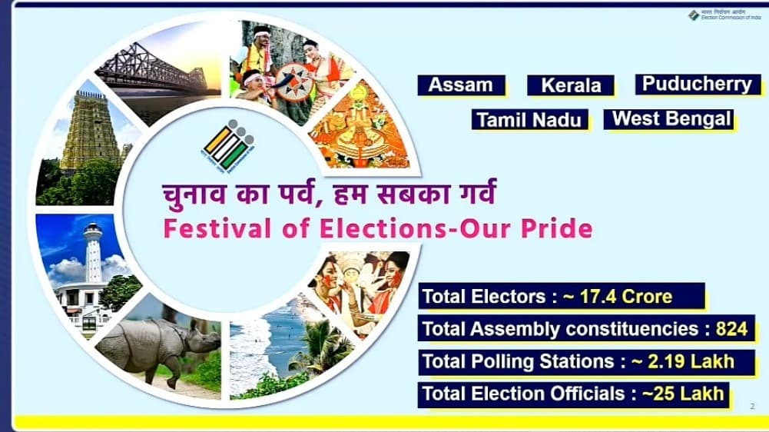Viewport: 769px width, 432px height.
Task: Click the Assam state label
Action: tap(461, 85)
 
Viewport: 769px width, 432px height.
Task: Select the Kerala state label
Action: tap(571, 85)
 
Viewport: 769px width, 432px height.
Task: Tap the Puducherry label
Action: tap(697, 84)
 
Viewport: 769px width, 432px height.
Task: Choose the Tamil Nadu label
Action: tap(530, 120)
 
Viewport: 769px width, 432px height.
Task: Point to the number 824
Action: tap(731, 329)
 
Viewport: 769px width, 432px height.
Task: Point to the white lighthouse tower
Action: tap(93, 254)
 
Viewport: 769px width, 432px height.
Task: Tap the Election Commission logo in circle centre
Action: tap(228, 145)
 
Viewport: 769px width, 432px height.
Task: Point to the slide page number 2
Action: tap(751, 406)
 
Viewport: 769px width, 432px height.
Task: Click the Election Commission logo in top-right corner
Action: tap(694, 15)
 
